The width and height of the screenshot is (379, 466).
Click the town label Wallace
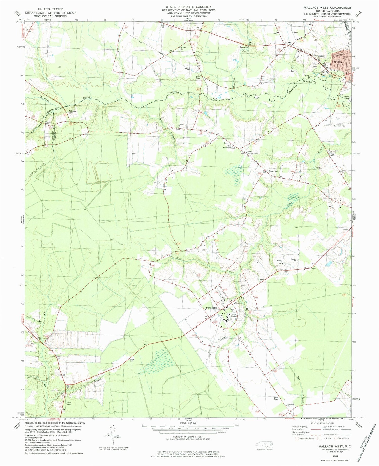[339, 62]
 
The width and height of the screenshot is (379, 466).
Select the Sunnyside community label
[273, 171]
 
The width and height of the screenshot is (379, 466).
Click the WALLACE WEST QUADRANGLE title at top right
[327, 8]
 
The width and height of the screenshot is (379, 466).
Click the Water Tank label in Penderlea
[233, 310]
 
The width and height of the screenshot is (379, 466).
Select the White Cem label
[132, 360]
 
